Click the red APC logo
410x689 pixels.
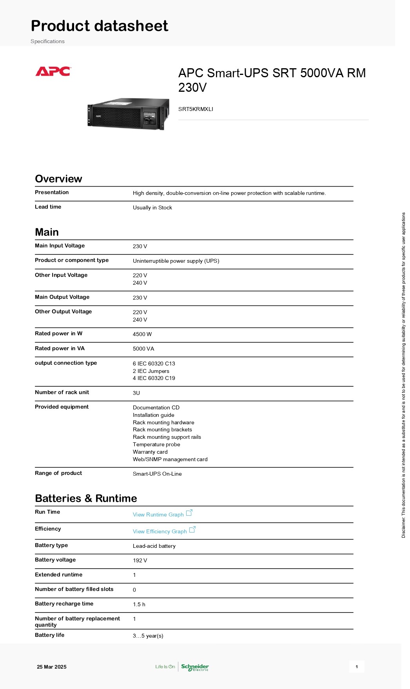[53, 71]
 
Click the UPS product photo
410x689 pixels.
[128, 114]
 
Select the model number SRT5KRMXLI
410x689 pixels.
[196, 109]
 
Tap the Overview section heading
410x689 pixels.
[58, 179]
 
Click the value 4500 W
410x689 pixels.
[142, 334]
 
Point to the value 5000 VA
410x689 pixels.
[143, 349]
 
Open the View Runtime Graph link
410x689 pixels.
[158, 514]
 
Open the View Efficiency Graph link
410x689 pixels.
[160, 531]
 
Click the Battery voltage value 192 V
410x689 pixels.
[140, 560]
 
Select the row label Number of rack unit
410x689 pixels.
[62, 392]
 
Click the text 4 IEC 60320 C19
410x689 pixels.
[154, 378]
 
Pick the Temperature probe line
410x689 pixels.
[156, 444]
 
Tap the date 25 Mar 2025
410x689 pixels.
[52, 667]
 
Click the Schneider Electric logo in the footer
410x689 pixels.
[195, 667]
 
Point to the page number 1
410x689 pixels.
[357, 667]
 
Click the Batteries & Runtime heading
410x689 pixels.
[86, 498]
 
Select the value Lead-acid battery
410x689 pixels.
[154, 546]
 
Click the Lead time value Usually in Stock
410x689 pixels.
[152, 207]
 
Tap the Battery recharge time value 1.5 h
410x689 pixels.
[139, 604]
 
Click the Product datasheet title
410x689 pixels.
[100, 26]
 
